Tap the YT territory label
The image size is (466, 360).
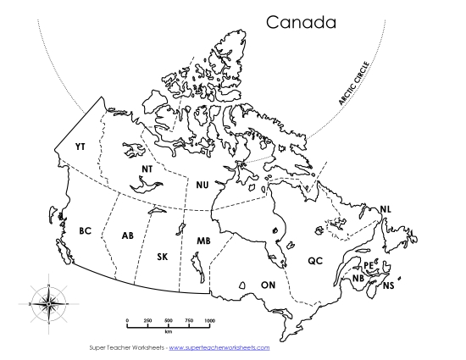(80, 147)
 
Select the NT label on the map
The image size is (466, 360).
(147, 169)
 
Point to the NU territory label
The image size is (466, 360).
(202, 184)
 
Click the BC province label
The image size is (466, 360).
(85, 230)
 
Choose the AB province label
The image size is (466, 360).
(128, 235)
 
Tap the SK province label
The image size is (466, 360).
(163, 256)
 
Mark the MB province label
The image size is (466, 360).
(203, 241)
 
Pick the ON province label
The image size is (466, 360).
(269, 285)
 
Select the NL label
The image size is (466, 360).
(386, 209)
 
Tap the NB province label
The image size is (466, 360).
(358, 278)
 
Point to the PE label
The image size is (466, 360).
(369, 264)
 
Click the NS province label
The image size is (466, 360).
(388, 285)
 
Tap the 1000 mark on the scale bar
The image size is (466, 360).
(209, 319)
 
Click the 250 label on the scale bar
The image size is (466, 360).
(147, 319)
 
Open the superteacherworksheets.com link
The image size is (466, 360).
(219, 347)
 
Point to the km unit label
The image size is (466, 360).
(169, 331)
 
